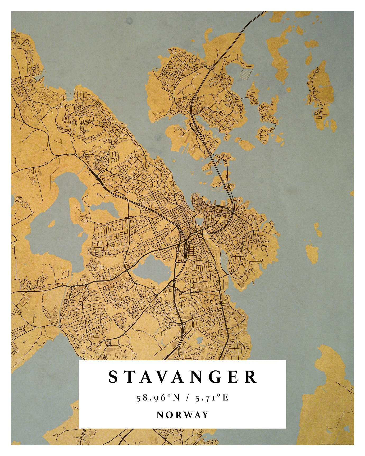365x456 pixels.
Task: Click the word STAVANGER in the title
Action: (182, 377)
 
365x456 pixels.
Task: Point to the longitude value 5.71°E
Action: (211, 398)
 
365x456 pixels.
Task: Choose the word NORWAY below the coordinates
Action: (182, 415)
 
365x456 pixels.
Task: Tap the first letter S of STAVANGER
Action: (113, 377)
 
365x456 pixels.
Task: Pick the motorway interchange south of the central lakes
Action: (182, 323)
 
